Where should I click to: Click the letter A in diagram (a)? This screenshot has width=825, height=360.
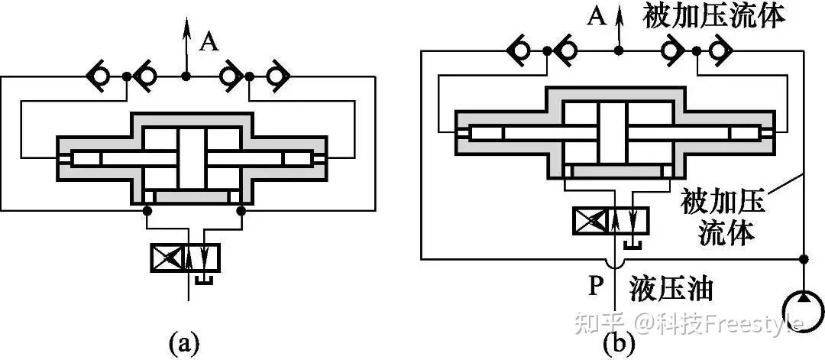point(209,43)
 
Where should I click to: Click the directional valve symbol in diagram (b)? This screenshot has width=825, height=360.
point(612,220)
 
